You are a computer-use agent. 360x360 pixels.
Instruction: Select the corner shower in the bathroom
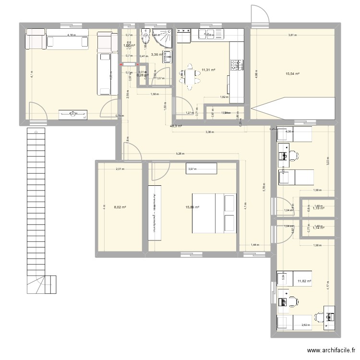[x=165, y=36]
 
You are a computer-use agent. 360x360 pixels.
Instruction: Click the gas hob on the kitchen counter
[x=237, y=65]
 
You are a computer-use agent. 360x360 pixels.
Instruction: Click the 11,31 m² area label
[x=208, y=70]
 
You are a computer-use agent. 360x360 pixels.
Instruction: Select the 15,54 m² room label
[x=293, y=73]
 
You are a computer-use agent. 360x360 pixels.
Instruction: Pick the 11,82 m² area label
[x=304, y=281]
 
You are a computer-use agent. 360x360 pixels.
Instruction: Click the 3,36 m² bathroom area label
[x=156, y=54]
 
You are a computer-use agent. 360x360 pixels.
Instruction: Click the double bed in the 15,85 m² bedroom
[x=215, y=213]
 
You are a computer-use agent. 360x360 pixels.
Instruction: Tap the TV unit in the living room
[x=74, y=114]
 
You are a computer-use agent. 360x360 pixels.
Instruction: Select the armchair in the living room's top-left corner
[x=36, y=38]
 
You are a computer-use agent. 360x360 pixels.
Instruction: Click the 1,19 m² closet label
[x=318, y=208]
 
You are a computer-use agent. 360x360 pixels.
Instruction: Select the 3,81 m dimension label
[x=292, y=35]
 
